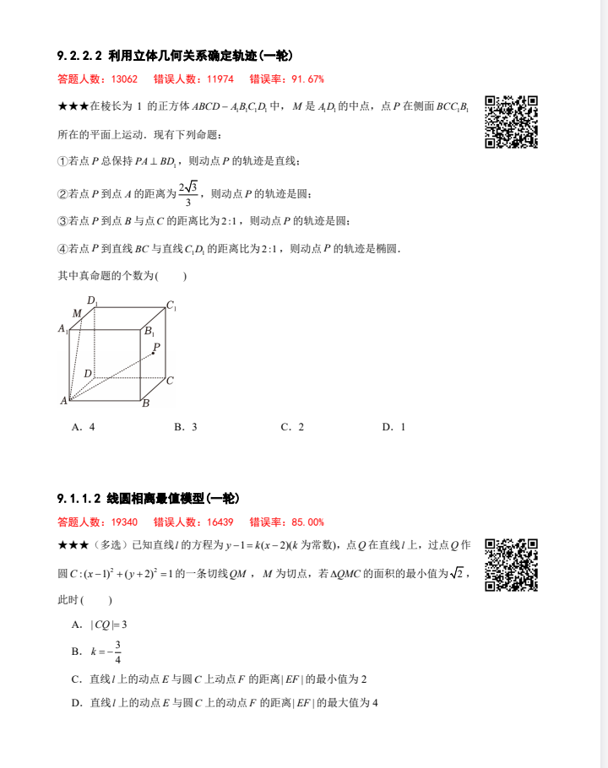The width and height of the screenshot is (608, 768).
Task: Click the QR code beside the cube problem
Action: click(512, 122)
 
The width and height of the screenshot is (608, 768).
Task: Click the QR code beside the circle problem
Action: click(512, 565)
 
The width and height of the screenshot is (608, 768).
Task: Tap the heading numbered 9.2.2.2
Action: click(175, 57)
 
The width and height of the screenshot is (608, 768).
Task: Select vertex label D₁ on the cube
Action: click(92, 300)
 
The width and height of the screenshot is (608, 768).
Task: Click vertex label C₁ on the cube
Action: click(171, 306)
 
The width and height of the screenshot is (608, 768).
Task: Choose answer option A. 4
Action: click(84, 427)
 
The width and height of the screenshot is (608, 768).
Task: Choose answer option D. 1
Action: click(394, 427)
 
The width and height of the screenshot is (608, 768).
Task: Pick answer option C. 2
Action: click(292, 427)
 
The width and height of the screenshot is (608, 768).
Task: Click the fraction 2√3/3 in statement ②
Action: click(188, 193)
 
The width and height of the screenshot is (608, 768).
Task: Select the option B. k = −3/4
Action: click(98, 652)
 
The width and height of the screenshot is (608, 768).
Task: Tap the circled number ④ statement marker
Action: click(62, 249)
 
